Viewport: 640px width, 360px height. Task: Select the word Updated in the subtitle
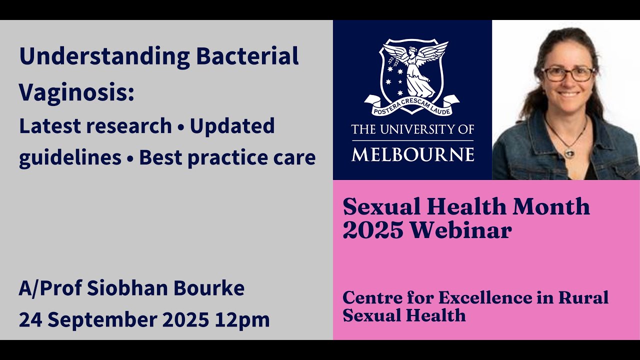(232, 125)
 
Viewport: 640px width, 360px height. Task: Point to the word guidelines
(70, 157)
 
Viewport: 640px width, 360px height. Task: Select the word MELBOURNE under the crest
(412, 154)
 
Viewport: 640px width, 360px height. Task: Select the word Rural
(583, 297)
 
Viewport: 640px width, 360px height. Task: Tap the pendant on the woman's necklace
(569, 152)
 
